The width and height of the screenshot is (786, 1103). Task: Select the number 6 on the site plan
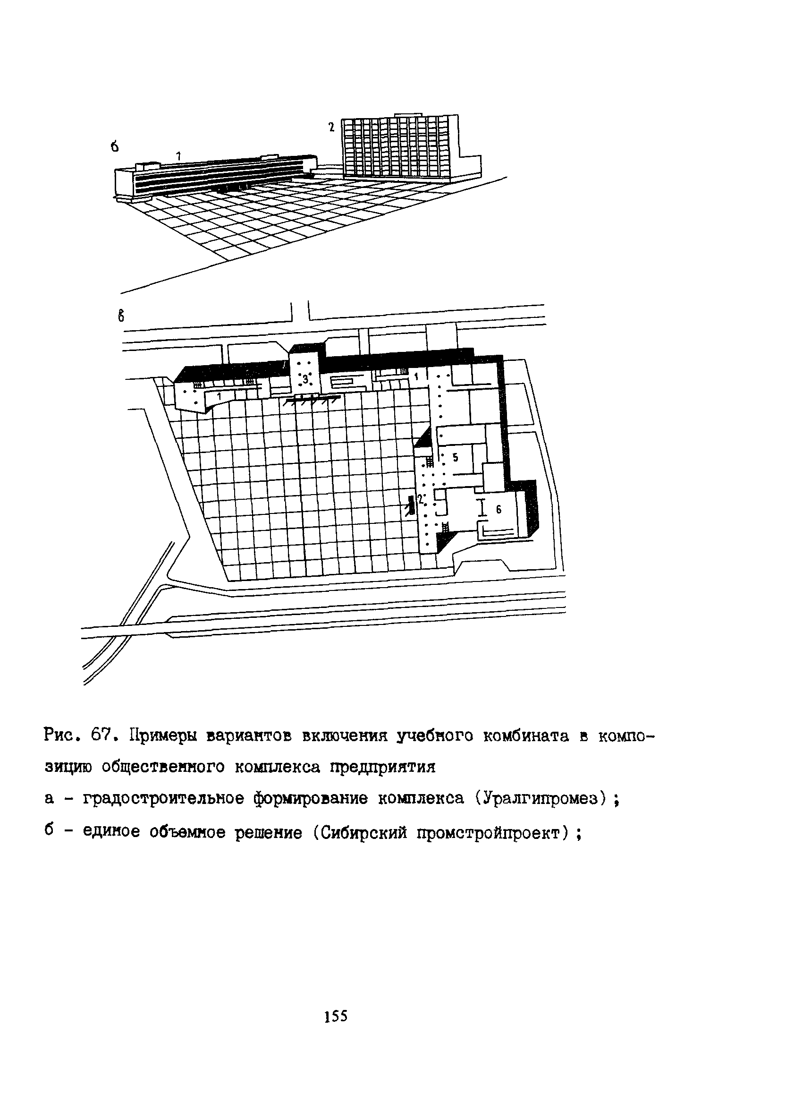tap(499, 509)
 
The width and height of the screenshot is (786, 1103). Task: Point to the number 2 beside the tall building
tap(331, 128)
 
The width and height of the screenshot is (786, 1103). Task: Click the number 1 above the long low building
tap(178, 156)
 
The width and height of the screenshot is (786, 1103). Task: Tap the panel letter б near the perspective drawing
tap(114, 146)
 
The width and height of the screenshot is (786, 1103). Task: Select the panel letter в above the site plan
tap(121, 316)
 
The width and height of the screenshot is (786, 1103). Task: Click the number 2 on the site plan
tap(421, 498)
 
